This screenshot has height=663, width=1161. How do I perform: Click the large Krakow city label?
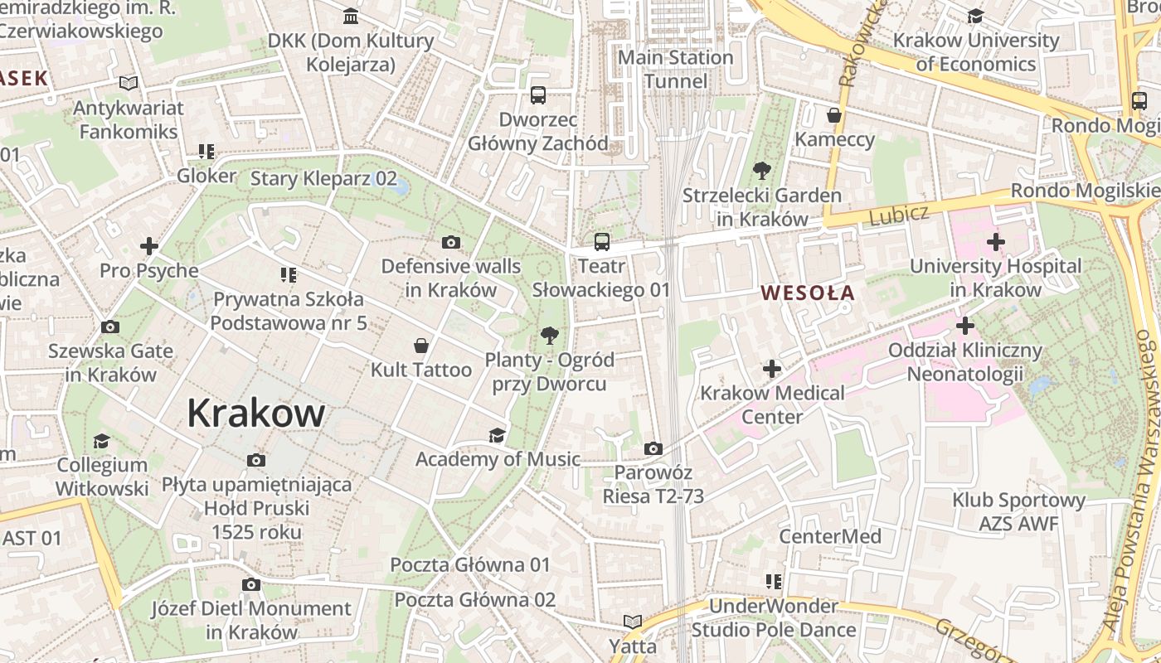click(255, 413)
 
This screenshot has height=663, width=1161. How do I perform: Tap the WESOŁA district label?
click(808, 293)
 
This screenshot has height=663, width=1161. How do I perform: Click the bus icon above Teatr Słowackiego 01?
click(602, 242)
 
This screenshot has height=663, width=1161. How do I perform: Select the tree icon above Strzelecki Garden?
click(761, 172)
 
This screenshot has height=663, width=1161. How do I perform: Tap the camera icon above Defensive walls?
click(450, 242)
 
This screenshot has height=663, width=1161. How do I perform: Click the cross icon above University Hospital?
click(995, 242)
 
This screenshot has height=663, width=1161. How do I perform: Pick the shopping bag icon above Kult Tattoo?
click(421, 345)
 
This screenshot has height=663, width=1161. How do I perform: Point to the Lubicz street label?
click(899, 215)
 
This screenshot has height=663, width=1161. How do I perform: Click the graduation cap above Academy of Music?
click(497, 435)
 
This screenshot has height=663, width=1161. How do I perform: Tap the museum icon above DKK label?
click(351, 17)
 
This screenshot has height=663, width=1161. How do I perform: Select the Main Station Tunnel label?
click(676, 70)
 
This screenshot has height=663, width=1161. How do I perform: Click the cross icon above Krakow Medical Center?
click(772, 368)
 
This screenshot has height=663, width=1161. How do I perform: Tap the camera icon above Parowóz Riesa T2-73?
click(653, 448)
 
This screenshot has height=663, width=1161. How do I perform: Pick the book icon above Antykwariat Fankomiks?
click(128, 83)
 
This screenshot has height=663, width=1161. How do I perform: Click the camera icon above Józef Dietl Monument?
click(250, 584)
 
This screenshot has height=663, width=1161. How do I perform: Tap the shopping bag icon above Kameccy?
click(834, 115)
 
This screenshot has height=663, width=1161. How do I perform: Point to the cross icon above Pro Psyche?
click(149, 246)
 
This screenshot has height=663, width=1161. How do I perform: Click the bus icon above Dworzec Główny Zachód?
click(538, 95)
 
